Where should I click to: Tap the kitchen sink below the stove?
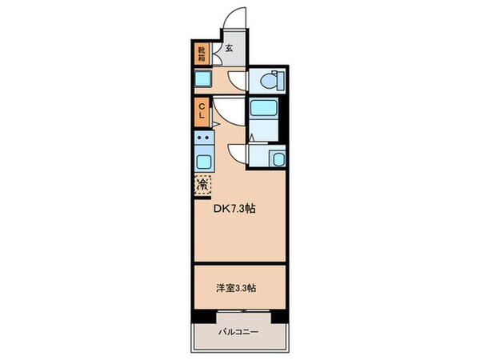coord(203,159)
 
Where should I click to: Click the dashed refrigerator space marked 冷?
coord(203,184)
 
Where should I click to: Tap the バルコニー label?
coord(238,330)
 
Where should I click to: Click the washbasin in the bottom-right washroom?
coord(278,158)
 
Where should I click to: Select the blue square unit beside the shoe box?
coord(202,79)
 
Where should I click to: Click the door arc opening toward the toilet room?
coord(238,80)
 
